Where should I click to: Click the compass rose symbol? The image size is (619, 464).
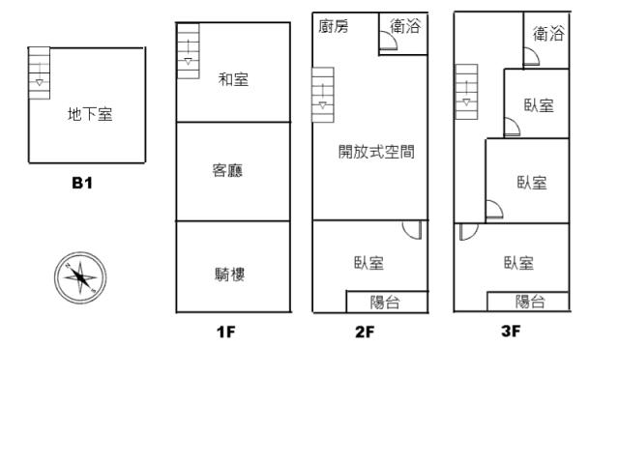[80, 277]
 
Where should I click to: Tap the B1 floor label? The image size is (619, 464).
[82, 183]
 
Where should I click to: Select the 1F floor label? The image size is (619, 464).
[226, 332]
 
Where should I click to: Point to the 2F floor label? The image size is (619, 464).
[365, 332]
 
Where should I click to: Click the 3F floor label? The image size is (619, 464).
[511, 331]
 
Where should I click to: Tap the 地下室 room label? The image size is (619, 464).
[90, 114]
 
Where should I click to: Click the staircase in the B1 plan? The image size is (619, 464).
[39, 73]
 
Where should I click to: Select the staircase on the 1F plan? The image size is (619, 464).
[188, 51]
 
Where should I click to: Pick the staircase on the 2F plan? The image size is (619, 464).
[323, 95]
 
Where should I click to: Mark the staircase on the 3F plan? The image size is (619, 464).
[466, 92]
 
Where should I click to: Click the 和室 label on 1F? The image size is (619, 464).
[233, 79]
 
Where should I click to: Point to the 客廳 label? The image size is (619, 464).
[227, 170]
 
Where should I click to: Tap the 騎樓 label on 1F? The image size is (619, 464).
[229, 275]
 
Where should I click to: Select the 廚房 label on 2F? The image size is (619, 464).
[334, 26]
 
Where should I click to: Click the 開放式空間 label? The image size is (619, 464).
[376, 152]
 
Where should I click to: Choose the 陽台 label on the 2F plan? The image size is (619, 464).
[385, 303]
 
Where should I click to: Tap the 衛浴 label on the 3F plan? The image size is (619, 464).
[548, 34]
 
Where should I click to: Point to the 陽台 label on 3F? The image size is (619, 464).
[530, 302]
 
